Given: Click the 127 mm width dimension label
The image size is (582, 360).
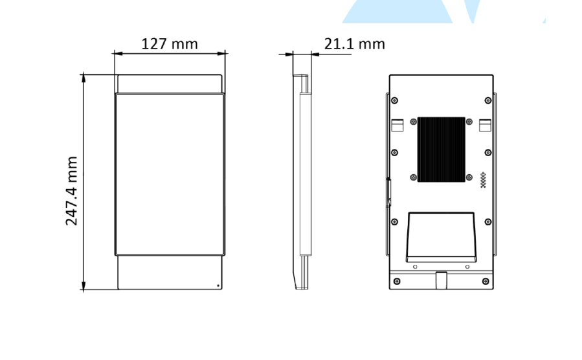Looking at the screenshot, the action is (170, 44).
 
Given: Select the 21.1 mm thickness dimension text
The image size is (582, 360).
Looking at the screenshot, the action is (355, 44).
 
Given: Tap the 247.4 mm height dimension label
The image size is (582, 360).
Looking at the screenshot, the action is (72, 191).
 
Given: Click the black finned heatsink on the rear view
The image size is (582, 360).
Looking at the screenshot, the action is (441, 150).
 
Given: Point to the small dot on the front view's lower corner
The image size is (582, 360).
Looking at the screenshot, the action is (218, 286).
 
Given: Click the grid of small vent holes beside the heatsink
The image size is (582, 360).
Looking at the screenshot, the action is (483, 180).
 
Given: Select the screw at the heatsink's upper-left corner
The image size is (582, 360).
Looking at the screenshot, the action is (414, 122).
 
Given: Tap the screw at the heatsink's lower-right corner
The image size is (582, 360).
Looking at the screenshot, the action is (469, 177).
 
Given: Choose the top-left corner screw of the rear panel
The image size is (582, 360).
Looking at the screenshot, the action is (394, 100).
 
